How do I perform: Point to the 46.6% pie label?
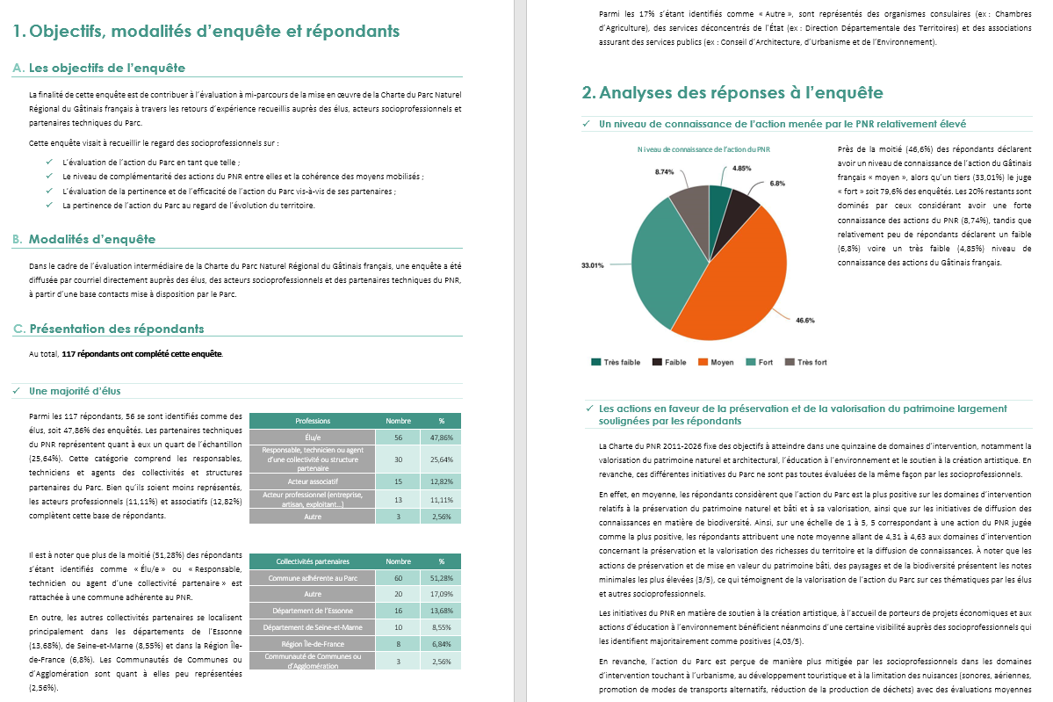804,320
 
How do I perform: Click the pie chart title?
703,149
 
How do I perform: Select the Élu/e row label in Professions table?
313,437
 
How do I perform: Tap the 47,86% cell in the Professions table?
442,437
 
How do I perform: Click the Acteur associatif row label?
313,481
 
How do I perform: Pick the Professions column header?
313,421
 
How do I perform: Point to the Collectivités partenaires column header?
313,561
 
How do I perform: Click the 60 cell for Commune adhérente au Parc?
398,577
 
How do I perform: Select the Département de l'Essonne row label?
313,610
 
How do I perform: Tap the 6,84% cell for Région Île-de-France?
442,643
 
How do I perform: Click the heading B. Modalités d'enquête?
92,239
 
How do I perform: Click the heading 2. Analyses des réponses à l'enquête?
732,92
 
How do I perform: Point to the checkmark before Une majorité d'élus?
18,391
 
